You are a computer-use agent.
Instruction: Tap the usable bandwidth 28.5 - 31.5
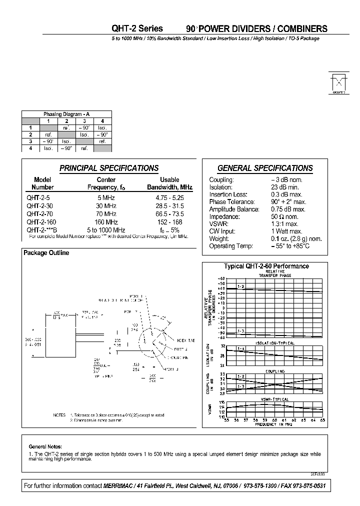169,205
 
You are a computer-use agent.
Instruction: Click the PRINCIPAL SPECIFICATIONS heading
109,168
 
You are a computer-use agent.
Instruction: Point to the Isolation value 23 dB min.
286,187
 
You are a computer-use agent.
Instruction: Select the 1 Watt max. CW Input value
286,231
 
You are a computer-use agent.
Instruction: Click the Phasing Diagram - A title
66,114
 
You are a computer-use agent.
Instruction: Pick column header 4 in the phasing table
102,121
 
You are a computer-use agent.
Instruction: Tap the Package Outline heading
46,253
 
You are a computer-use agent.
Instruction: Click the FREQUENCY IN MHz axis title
273,424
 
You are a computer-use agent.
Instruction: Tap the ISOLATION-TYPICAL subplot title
275,343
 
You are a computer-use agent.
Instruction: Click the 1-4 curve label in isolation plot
241,348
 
